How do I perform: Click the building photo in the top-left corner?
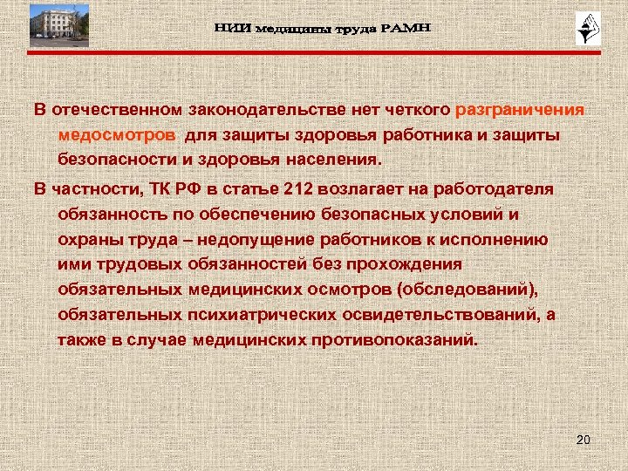coord(58,24)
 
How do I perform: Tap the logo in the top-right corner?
coord(584,30)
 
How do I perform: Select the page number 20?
coord(584,440)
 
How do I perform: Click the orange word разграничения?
coord(520,111)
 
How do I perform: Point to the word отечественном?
coord(116,111)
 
